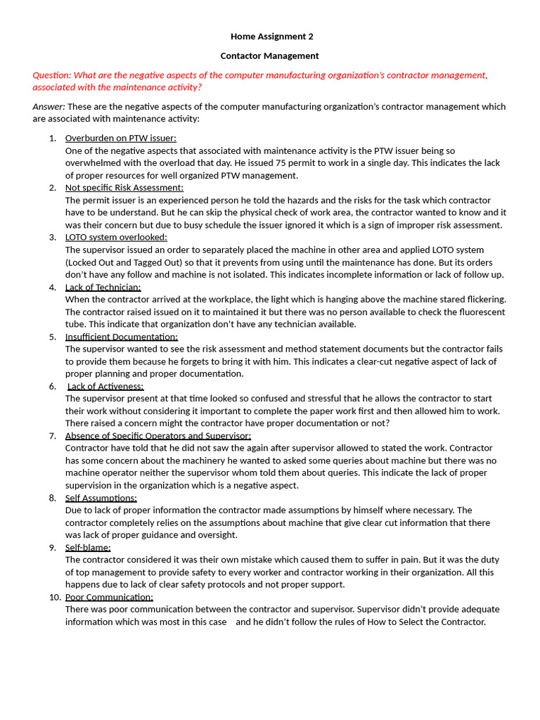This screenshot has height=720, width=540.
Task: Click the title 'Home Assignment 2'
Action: [x=271, y=37]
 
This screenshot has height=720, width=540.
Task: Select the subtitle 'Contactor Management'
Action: [x=269, y=56]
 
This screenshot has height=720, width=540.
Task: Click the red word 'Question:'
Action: [x=51, y=75]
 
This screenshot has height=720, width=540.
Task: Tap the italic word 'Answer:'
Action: [x=49, y=107]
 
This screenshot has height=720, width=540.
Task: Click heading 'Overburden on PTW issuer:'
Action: [x=120, y=138]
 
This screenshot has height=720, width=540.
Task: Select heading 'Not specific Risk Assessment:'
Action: [x=124, y=188]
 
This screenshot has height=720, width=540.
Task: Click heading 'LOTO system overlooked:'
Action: [x=116, y=238]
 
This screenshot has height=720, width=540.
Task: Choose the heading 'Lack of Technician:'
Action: [x=103, y=288]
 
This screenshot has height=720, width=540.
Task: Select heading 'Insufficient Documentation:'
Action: [x=121, y=337]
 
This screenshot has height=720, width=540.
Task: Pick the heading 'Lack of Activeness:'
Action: [x=105, y=387]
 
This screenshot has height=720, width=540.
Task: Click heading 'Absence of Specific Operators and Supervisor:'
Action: [x=157, y=436]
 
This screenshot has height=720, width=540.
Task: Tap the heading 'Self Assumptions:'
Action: [x=101, y=498]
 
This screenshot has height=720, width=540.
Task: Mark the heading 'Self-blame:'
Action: [x=88, y=548]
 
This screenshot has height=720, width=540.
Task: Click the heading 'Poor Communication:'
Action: [x=109, y=598]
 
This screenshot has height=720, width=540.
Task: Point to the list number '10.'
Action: [x=55, y=598]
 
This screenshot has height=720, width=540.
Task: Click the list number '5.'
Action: [x=53, y=337]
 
